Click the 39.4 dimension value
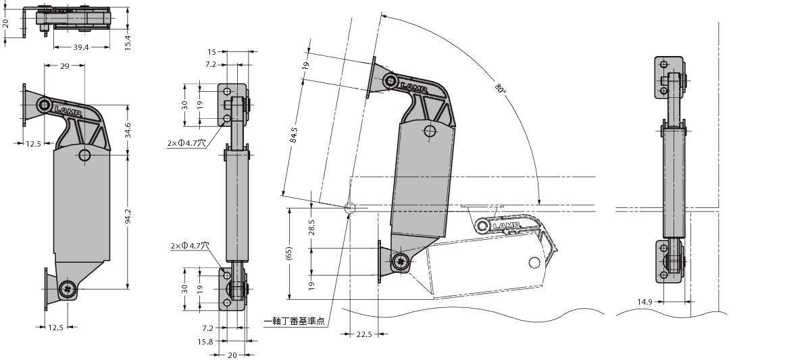81,47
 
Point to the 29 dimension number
64,66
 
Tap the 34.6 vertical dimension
128,130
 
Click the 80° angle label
500,88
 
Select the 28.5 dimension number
311,228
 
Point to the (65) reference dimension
290,253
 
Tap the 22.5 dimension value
364,334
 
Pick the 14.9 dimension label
645,303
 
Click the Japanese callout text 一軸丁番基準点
295,322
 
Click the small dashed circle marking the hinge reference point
349,208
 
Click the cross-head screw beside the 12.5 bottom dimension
68,289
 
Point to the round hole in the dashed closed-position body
534,263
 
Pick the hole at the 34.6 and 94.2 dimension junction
84,155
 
